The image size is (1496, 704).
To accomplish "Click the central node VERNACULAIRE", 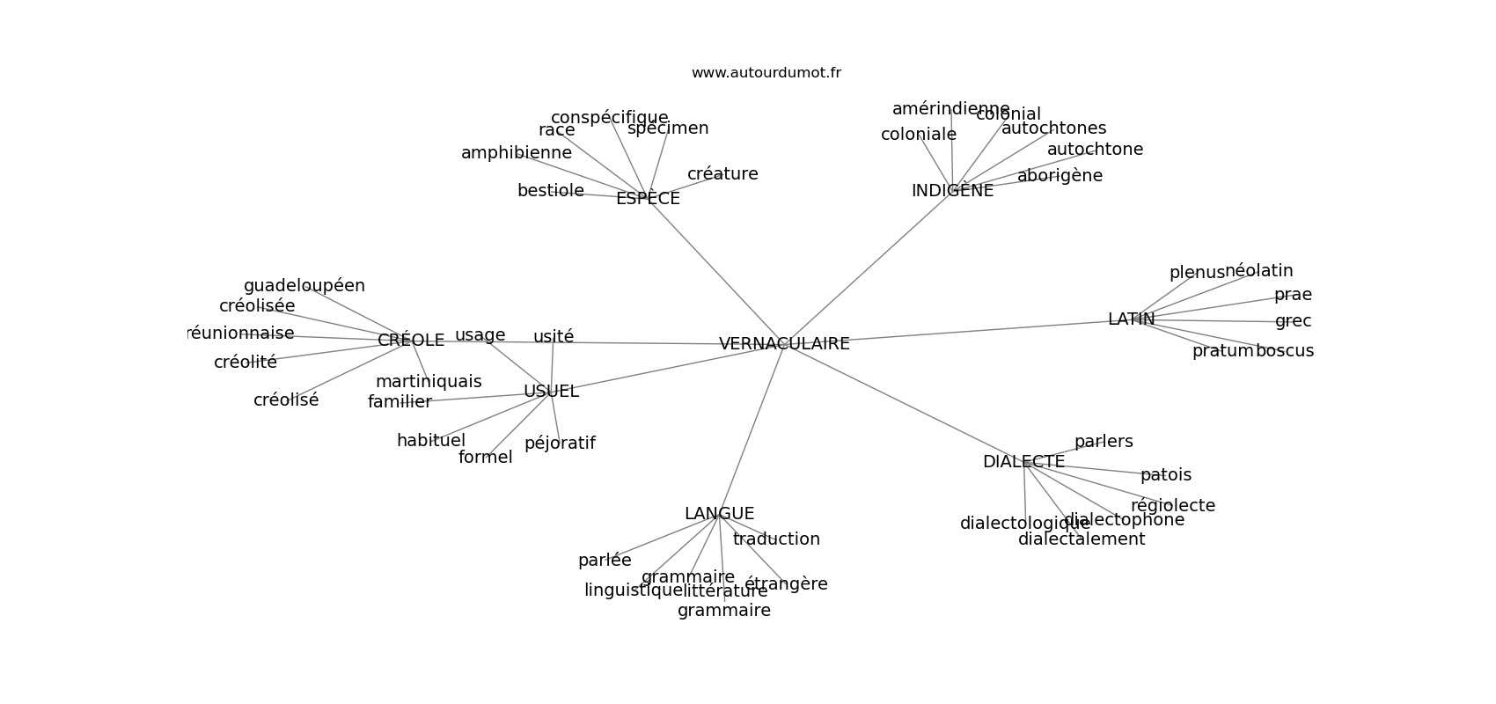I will click(x=784, y=344).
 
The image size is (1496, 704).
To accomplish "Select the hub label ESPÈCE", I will click(x=648, y=199).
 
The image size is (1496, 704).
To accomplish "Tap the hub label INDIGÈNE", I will click(x=952, y=191).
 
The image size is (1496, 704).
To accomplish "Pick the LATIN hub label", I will click(x=1131, y=319).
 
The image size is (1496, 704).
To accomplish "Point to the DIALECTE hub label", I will click(x=1023, y=462).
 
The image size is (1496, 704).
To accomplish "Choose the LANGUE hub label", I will click(x=719, y=514).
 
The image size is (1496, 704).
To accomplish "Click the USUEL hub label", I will click(x=551, y=392).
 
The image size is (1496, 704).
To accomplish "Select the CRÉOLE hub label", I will click(x=411, y=341).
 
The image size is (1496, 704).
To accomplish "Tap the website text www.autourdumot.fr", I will click(x=766, y=73).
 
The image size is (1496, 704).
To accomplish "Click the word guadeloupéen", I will click(x=304, y=286).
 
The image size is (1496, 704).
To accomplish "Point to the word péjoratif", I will click(x=560, y=444).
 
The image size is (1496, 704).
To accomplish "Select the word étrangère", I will click(x=786, y=584).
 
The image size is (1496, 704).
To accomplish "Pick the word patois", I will click(x=1165, y=475).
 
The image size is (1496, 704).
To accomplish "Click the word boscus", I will click(x=1284, y=351).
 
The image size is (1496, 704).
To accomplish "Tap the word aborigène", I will click(x=1060, y=176).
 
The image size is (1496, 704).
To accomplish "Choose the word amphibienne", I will click(x=516, y=153).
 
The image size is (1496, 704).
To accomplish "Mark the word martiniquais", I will click(x=429, y=382).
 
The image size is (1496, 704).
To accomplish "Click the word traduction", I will click(x=776, y=539).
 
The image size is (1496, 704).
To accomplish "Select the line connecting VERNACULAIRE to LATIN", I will click(x=968, y=331).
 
